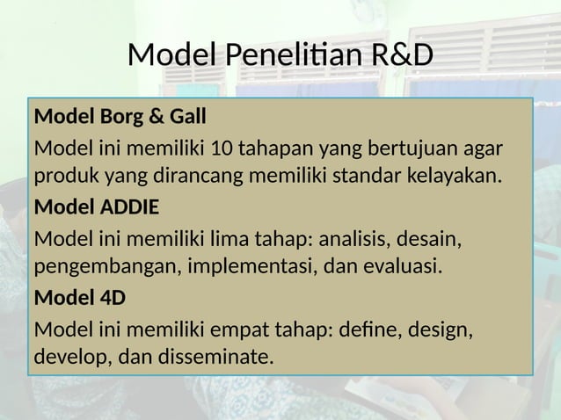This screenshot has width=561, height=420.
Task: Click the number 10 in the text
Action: [211, 145]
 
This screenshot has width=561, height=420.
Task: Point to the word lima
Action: [204, 237]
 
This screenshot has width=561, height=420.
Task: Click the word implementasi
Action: [250, 267]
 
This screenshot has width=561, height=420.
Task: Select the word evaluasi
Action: [398, 267]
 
